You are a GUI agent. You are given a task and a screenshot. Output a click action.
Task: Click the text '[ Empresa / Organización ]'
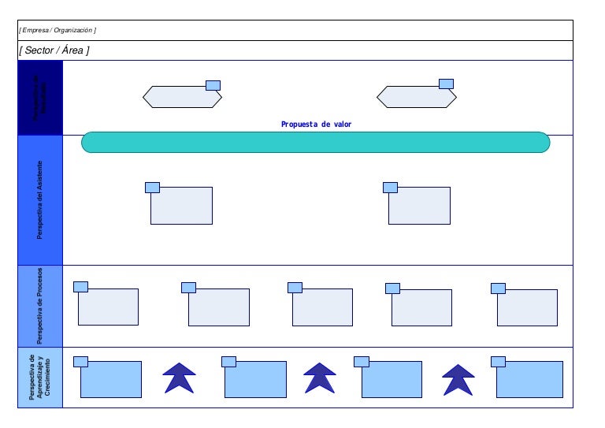[x=58, y=30]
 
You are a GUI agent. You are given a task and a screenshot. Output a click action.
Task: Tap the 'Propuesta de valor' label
[x=317, y=125]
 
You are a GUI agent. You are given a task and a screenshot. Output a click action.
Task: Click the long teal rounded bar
[x=315, y=143]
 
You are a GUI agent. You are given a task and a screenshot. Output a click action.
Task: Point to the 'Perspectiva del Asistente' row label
[x=40, y=200]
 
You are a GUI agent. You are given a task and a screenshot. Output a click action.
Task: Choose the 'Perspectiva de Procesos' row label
[x=40, y=306]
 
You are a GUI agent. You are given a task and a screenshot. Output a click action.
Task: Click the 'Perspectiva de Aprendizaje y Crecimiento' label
[x=40, y=378]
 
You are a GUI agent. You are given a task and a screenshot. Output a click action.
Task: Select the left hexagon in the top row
[x=182, y=97]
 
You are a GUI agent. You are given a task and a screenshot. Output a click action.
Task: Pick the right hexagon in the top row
[x=416, y=97]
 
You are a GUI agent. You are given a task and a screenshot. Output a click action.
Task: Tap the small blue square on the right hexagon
[x=446, y=84]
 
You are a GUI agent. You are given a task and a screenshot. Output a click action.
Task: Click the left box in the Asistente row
[x=182, y=206]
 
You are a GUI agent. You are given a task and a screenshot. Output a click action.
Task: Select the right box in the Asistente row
[x=420, y=206]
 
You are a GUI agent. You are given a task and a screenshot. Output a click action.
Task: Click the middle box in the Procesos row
[x=322, y=307]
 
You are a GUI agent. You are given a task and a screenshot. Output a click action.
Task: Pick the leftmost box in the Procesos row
[x=108, y=307]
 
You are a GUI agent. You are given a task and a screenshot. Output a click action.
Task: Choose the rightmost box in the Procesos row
[x=527, y=307]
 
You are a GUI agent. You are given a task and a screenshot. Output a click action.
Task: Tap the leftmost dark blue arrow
[x=180, y=378]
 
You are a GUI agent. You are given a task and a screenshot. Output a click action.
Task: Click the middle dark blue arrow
[x=320, y=378]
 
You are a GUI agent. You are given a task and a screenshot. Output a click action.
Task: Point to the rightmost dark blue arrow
[x=458, y=379]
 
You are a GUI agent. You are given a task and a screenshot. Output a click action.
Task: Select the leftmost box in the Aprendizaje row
[x=111, y=379]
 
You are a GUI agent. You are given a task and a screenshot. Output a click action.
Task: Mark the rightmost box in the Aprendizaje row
[x=529, y=379]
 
